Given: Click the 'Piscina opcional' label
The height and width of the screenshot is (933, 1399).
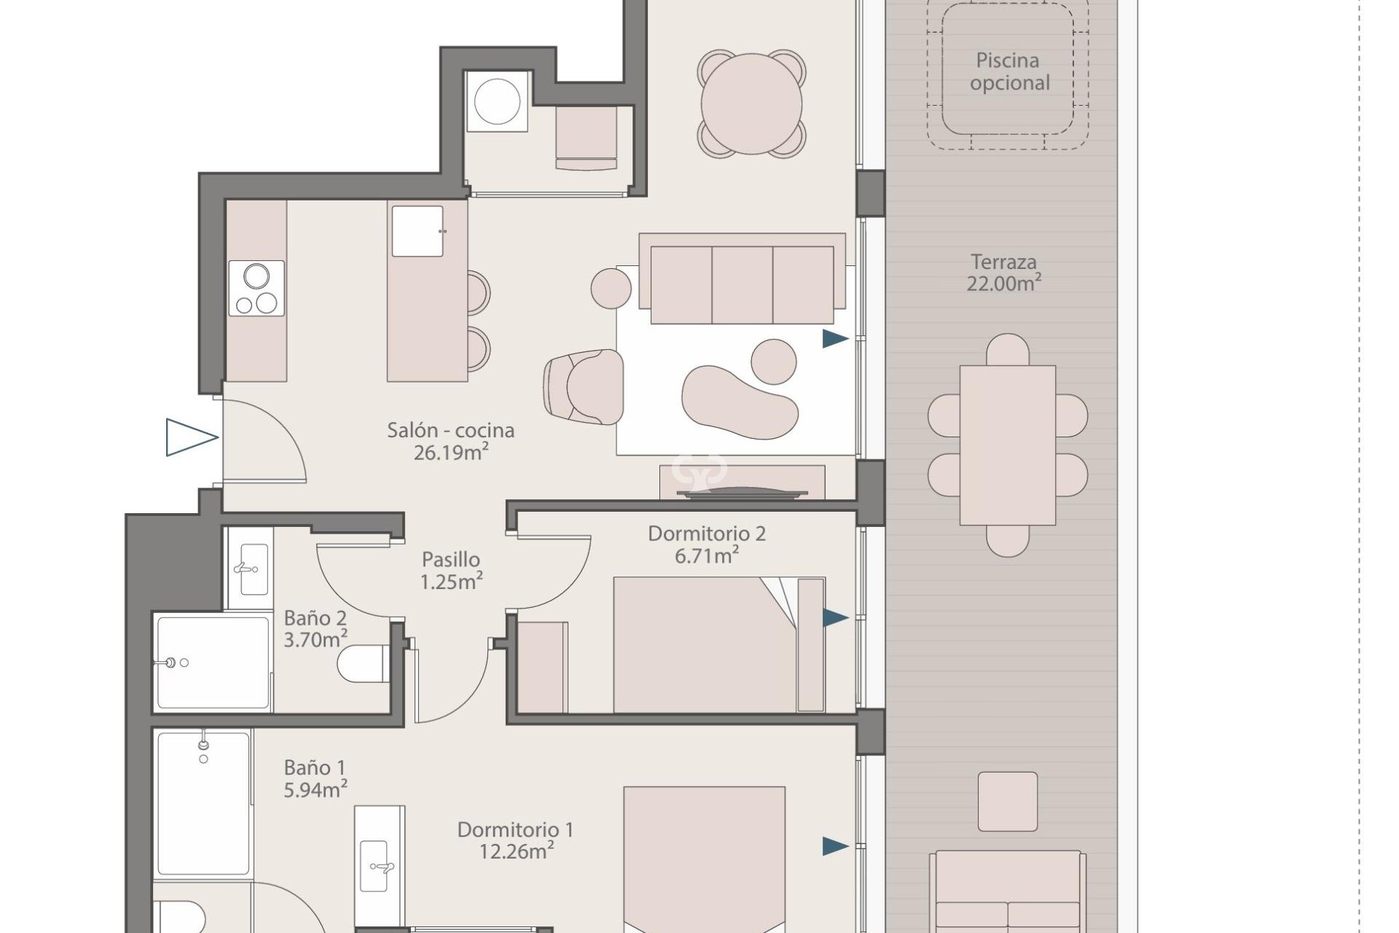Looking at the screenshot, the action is (1009, 71).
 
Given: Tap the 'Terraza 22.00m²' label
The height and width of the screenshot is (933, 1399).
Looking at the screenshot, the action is (1003, 273).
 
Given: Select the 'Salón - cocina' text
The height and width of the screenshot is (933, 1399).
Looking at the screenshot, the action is (450, 430).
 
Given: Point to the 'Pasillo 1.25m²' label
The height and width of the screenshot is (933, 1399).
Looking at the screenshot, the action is (451, 571).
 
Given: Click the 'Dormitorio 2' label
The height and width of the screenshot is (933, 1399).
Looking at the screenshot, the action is (707, 534).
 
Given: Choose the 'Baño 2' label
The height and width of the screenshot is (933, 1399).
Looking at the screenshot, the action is (316, 618).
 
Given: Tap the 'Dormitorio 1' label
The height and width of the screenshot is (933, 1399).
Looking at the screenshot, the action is (515, 829).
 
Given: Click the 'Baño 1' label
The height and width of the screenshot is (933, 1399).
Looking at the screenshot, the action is (315, 768).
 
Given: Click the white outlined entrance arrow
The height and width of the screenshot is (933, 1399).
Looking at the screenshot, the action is (192, 437).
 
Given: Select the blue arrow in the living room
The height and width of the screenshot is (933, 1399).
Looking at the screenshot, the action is (836, 338).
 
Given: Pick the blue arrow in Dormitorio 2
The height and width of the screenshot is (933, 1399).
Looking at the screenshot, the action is (836, 618).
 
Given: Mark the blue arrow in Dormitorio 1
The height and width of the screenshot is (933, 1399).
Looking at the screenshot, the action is (836, 846).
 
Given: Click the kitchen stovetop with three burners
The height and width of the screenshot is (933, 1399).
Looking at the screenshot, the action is (256, 288).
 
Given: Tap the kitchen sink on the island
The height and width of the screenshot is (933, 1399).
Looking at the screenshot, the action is (418, 231).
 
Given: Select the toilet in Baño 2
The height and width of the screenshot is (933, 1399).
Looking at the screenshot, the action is (365, 663).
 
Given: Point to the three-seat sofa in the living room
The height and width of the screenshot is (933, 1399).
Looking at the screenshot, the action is (742, 278).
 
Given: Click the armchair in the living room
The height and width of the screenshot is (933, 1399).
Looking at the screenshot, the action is (584, 386).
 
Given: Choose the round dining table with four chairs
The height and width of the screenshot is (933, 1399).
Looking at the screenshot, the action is (751, 104).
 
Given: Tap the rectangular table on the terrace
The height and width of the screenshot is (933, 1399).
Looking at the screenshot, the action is (1008, 445).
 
